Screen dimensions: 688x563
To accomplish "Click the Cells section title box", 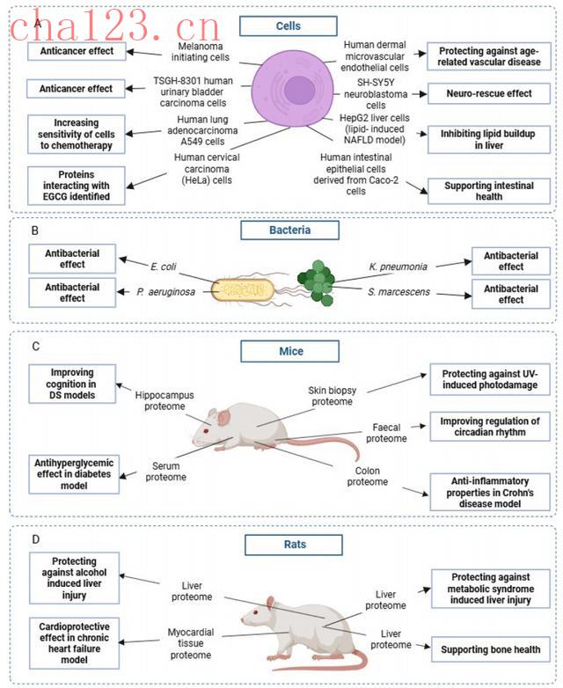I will click(x=288, y=26).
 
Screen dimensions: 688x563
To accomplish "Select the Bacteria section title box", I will click(x=290, y=231).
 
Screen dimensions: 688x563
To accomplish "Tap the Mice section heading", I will click(x=290, y=352).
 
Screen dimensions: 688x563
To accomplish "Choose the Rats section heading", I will click(x=294, y=545).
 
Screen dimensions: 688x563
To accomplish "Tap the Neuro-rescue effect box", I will click(x=489, y=93).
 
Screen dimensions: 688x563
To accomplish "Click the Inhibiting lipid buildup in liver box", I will click(x=487, y=139).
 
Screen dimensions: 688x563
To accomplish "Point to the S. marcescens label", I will click(x=398, y=291).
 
